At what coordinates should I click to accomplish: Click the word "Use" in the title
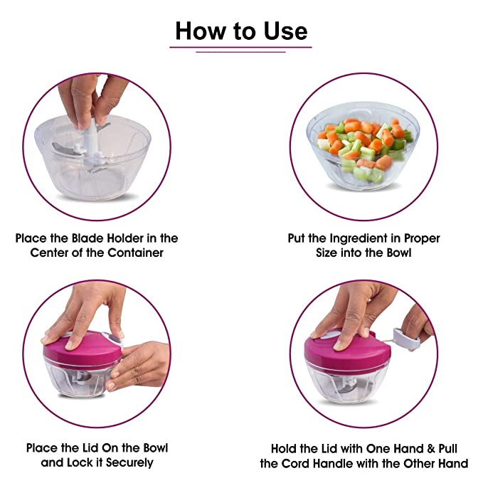click(285, 31)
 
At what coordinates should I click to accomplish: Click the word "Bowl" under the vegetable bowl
click(399, 253)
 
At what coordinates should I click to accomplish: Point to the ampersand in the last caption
click(431, 448)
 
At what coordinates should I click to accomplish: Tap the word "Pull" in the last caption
click(448, 448)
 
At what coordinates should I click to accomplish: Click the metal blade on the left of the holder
click(64, 149)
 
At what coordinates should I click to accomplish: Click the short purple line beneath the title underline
click(240, 52)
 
